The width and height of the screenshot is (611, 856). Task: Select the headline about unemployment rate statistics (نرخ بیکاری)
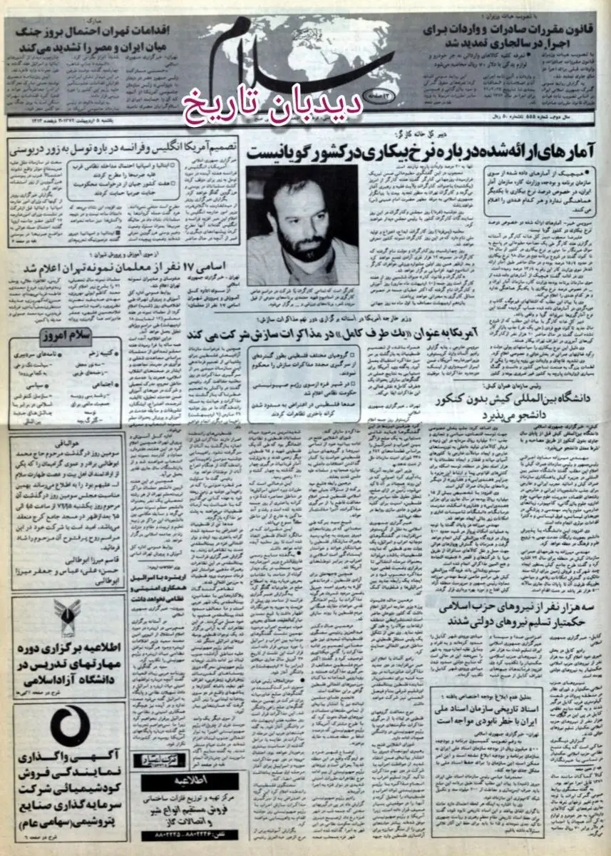click(421, 151)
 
